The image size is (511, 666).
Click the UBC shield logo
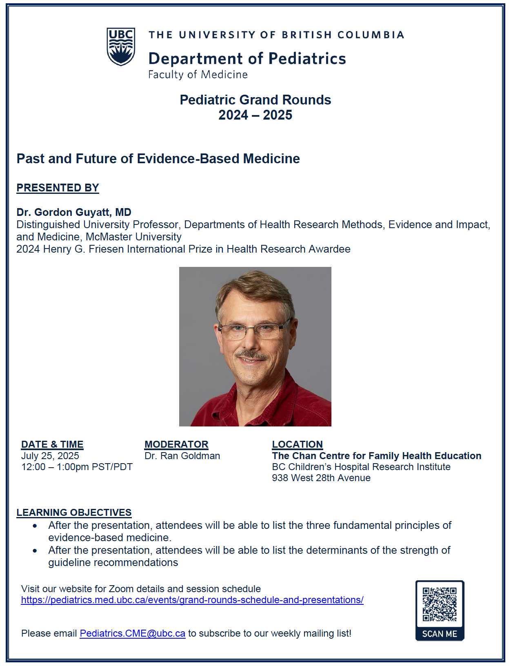(x=121, y=47)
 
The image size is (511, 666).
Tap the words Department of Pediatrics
(x=247, y=59)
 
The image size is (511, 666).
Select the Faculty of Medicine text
(x=198, y=75)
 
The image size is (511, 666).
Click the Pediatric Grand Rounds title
(x=255, y=100)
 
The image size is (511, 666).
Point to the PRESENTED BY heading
(x=58, y=188)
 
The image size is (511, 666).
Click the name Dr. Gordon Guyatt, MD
(x=74, y=212)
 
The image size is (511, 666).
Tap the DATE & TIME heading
(x=52, y=444)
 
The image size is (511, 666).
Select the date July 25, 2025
(x=50, y=456)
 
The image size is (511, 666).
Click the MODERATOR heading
(x=176, y=444)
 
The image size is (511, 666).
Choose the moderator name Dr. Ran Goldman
(x=182, y=456)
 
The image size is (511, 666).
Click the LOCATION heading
(x=297, y=444)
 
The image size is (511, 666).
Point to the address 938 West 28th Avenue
(x=321, y=478)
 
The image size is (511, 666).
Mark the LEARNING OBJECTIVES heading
(x=74, y=513)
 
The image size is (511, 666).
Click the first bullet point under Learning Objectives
(x=35, y=526)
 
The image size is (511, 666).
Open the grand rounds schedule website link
(x=192, y=600)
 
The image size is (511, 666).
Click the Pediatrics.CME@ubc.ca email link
(x=132, y=633)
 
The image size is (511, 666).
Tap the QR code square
(x=440, y=604)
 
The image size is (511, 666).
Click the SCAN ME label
(x=440, y=634)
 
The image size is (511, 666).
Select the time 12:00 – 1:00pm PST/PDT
(x=77, y=467)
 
